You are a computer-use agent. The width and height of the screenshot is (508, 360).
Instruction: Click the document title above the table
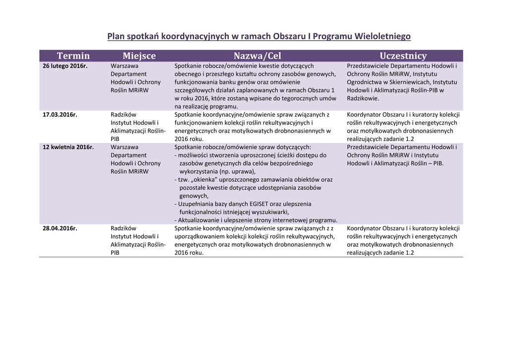pos(259,36)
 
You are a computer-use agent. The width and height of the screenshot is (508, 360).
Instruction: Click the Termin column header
pos(73,56)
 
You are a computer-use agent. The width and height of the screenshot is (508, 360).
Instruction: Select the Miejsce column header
pos(139,56)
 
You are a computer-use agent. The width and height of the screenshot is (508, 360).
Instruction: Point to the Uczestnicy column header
pos(403,56)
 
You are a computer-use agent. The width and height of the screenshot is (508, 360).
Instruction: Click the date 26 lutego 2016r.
pos(65,66)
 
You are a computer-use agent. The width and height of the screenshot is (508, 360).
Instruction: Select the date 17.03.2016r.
pos(60,115)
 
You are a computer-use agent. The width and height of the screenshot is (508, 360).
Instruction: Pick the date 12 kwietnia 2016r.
pos(68,147)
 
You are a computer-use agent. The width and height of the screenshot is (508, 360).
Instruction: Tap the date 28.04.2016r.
pos(60,228)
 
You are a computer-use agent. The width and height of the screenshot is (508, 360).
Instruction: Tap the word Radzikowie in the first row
pos(363,98)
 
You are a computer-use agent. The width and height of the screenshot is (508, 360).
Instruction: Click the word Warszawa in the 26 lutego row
pos(125,66)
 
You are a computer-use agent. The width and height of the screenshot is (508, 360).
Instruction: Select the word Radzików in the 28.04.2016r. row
pos(124,228)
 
